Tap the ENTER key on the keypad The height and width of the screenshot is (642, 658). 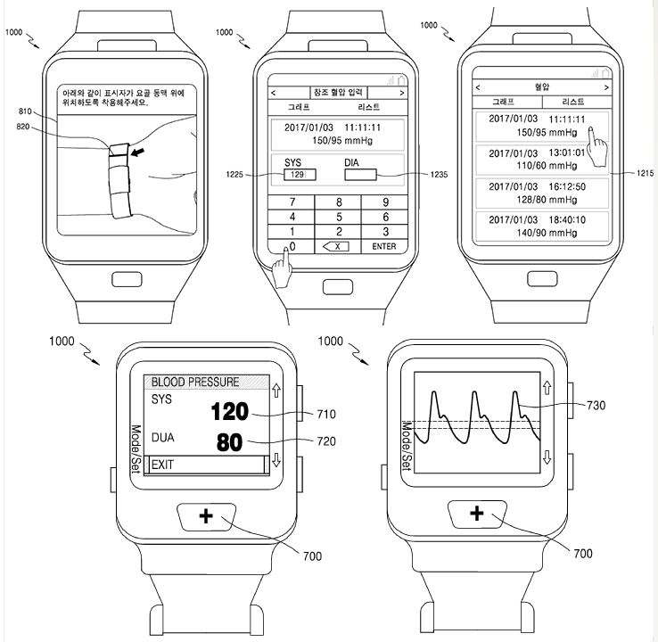(x=384, y=246)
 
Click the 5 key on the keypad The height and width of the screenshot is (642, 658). (x=338, y=217)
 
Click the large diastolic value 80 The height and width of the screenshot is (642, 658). (x=230, y=442)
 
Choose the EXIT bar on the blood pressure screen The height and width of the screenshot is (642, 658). (x=206, y=465)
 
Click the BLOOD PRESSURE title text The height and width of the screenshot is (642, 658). (x=195, y=382)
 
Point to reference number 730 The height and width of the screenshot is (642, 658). (x=596, y=406)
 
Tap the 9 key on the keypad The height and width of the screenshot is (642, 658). (x=385, y=202)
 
